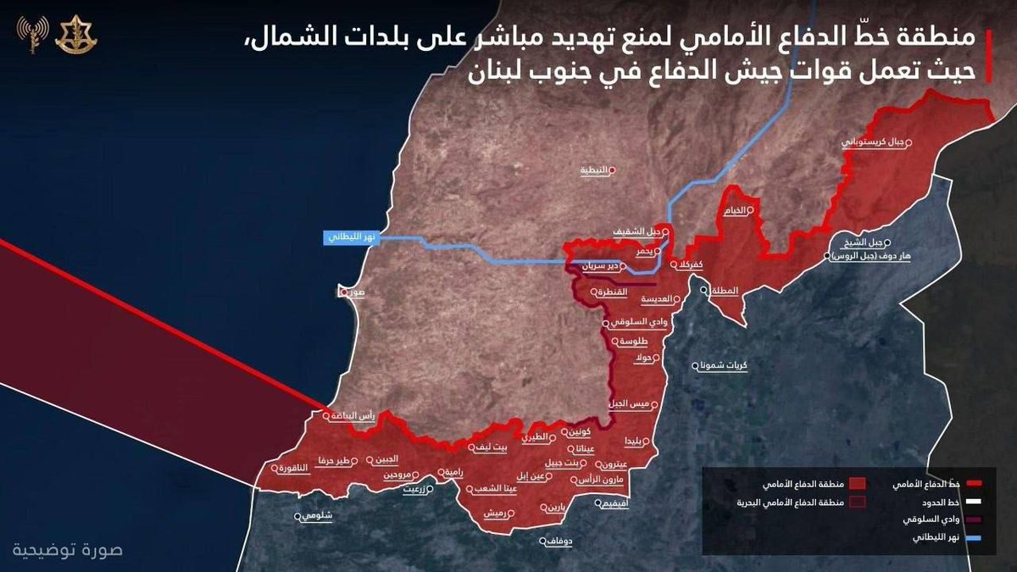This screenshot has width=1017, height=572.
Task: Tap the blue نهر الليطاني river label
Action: click(347, 237)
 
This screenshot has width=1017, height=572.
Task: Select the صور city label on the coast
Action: click(353, 292)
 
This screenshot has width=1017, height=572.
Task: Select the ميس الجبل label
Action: click(632, 405)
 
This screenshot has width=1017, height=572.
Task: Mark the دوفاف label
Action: click(560, 541)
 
